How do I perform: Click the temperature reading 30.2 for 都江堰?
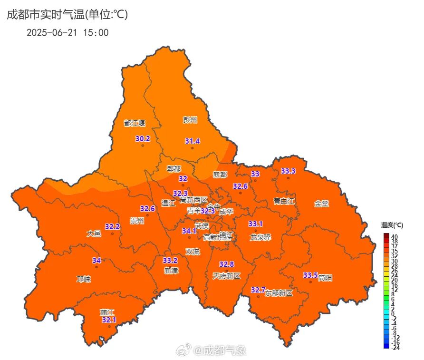coord(143,139)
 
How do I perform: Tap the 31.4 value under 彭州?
coord(192,141)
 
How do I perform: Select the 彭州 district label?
coord(190,120)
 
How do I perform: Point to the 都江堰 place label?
coord(135,123)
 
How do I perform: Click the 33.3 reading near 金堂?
coord(288,171)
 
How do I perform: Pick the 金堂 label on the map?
coord(321,204)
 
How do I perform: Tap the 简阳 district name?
coord(326,277)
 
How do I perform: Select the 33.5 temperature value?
coord(310,275)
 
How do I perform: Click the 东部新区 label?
coord(279,293)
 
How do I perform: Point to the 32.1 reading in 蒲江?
coord(109,320)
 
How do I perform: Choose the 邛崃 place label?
coord(84,279)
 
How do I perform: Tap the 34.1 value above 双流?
coord(189,231)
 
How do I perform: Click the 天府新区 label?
coord(227,276)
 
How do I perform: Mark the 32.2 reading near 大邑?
coord(112,227)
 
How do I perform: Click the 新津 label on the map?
coord(171,271)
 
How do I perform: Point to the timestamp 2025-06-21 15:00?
coord(67,33)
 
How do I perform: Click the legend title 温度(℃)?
coord(392,225)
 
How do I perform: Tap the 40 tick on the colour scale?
coord(395,236)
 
